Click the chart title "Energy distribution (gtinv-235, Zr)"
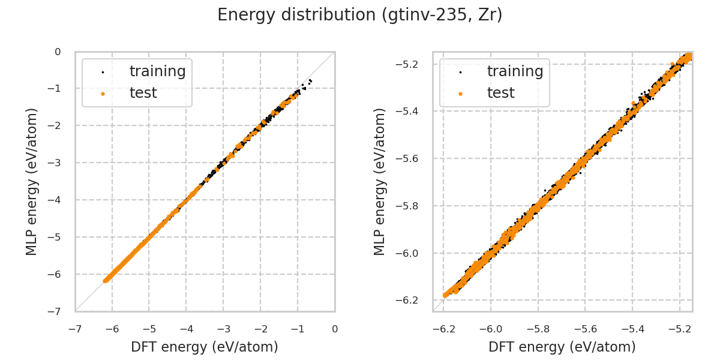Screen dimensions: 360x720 pyautogui.click(x=360, y=15)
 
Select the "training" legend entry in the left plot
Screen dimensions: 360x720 pyautogui.click(x=157, y=71)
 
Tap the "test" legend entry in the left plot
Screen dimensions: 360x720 pyautogui.click(x=143, y=93)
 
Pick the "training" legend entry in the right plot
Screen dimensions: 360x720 pyautogui.click(x=515, y=71)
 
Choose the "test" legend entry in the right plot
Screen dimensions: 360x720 pyautogui.click(x=500, y=93)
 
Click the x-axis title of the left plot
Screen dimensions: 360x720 pyautogui.click(x=205, y=347)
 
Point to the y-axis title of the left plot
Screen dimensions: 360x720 pyautogui.click(x=32, y=181)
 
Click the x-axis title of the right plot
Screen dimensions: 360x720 pyautogui.click(x=562, y=347)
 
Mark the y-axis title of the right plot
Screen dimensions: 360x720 pyautogui.click(x=380, y=181)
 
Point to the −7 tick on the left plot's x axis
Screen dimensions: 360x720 pyautogui.click(x=75, y=329)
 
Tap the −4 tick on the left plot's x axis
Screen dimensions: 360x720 pyautogui.click(x=186, y=329)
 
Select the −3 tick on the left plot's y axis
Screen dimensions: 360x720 pyautogui.click(x=57, y=163)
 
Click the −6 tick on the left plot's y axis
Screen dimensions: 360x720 pyautogui.click(x=57, y=274)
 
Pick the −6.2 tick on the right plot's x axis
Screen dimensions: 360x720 pyautogui.click(x=443, y=329)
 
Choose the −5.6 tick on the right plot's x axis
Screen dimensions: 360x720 pyautogui.click(x=585, y=329)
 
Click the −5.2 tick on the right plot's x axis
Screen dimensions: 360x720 pyautogui.click(x=679, y=329)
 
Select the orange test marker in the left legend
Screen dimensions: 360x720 pyautogui.click(x=103, y=94)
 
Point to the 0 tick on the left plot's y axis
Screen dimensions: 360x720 pyautogui.click(x=58, y=52)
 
